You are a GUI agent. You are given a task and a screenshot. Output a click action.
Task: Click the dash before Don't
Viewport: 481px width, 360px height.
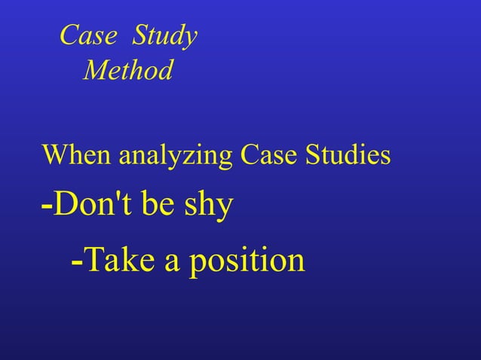47,205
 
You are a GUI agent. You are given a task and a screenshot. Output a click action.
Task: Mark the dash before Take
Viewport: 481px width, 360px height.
76,262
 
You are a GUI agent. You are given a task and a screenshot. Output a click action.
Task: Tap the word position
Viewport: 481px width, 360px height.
247,261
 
